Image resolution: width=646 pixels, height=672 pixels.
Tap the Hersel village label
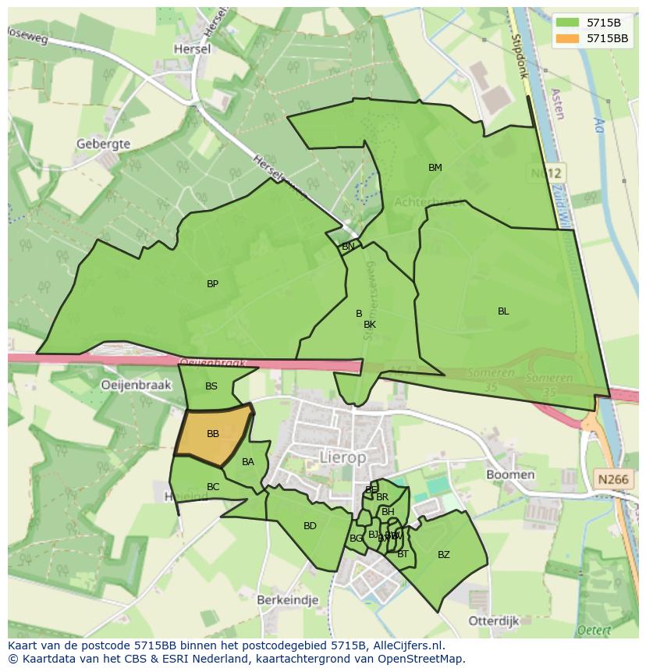click(x=193, y=48)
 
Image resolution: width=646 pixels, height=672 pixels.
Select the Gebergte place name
click(x=103, y=144)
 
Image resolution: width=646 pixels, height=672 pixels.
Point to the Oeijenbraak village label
click(x=136, y=384)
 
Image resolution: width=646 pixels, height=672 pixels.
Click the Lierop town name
click(x=343, y=458)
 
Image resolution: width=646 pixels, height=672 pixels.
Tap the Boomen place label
click(x=510, y=474)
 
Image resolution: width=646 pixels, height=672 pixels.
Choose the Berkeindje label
click(x=287, y=599)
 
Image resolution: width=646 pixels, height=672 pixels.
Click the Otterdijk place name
click(x=493, y=620)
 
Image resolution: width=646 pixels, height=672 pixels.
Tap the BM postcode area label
click(x=435, y=168)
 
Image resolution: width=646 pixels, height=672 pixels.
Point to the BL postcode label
click(x=503, y=311)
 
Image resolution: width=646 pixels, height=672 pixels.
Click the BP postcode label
click(x=212, y=284)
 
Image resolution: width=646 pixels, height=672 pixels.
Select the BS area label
click(x=211, y=386)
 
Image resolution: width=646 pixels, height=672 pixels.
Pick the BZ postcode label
click(x=443, y=555)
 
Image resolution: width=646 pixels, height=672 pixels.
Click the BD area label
click(x=310, y=526)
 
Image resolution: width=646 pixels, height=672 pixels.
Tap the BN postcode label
click(x=348, y=247)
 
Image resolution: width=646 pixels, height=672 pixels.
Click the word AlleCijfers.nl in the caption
click(x=406, y=645)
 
